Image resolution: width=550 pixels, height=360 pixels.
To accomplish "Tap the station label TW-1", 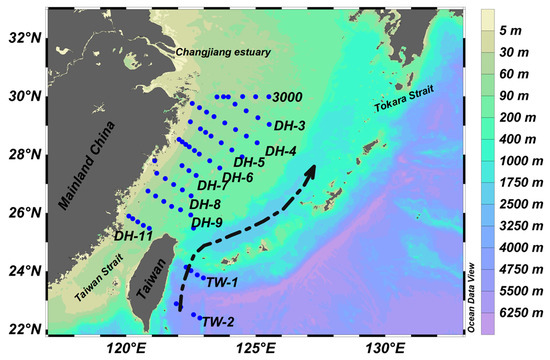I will point(221,282).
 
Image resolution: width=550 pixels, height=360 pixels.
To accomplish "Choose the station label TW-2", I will point(217,321).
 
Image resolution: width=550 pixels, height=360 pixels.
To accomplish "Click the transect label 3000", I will point(288,97).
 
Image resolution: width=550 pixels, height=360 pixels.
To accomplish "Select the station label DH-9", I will point(207,222).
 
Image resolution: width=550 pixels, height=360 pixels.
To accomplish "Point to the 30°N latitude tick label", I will point(21,97).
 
